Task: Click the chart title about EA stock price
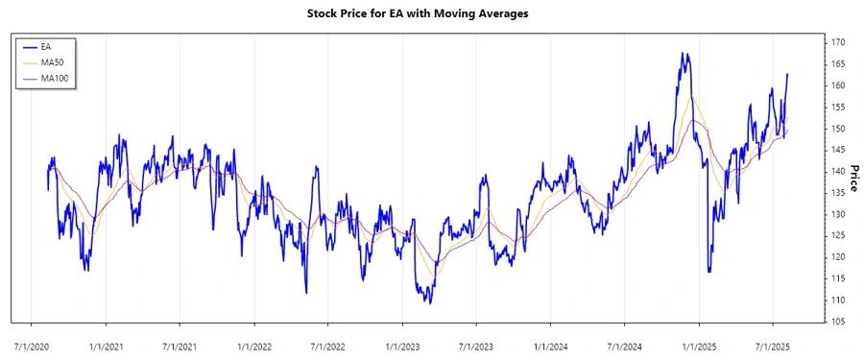pyautogui.click(x=431, y=13)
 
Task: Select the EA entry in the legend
pyautogui.click(x=46, y=46)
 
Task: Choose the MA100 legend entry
pyautogui.click(x=54, y=78)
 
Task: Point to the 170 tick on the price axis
pyautogui.click(x=838, y=43)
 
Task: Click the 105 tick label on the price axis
pyautogui.click(x=838, y=322)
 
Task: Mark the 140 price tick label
pyautogui.click(x=838, y=171)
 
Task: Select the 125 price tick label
pyautogui.click(x=838, y=236)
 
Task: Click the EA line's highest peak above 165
pyautogui.click(x=682, y=54)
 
